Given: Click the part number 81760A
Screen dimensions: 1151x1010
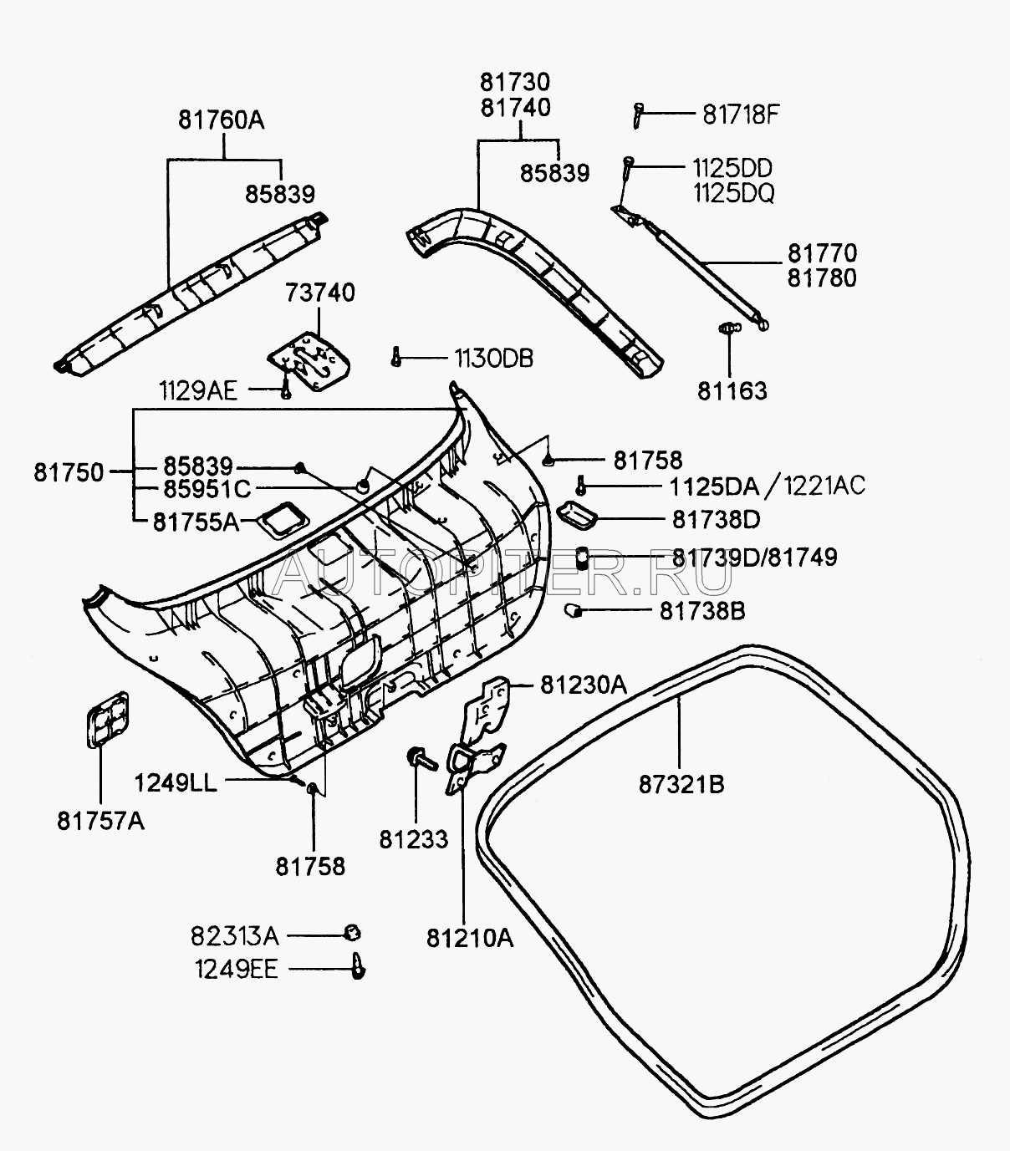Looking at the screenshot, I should coord(221,120).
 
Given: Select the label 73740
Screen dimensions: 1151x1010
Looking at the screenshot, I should coord(319,293).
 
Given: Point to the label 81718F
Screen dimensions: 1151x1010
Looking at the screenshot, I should coord(740,114).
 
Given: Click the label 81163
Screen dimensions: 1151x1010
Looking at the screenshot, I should coord(732,391).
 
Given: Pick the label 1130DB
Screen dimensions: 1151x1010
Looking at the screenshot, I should coord(493,359).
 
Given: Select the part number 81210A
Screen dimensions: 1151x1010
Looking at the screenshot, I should coord(469,938).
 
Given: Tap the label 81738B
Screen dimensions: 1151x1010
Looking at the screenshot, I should coord(702,611).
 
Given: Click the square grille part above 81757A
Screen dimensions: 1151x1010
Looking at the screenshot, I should coord(108,718).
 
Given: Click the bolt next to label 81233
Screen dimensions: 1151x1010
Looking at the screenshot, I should coord(421,760).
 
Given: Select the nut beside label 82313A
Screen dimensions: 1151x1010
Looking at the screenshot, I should coord(352,933).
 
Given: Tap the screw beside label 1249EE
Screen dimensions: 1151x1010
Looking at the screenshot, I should coord(359,966).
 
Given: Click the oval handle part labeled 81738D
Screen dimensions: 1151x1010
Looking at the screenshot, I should coord(576,516).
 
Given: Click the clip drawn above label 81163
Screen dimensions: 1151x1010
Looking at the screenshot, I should coord(729,328).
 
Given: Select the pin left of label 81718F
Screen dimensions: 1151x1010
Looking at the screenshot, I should coord(638,115).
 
